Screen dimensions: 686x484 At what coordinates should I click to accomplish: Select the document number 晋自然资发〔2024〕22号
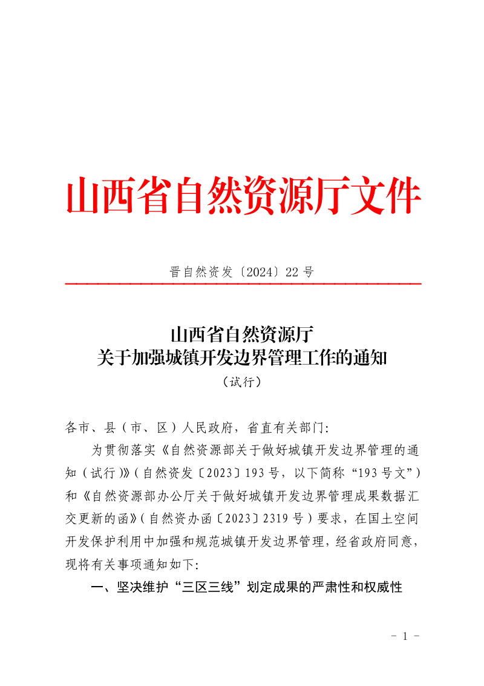(242, 272)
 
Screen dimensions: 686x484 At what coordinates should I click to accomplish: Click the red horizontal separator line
(243, 284)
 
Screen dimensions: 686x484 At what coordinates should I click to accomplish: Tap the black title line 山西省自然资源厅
(241, 334)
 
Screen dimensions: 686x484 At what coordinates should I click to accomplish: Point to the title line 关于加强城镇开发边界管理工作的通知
(241, 359)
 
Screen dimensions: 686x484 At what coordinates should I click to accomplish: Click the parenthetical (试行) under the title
(241, 382)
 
